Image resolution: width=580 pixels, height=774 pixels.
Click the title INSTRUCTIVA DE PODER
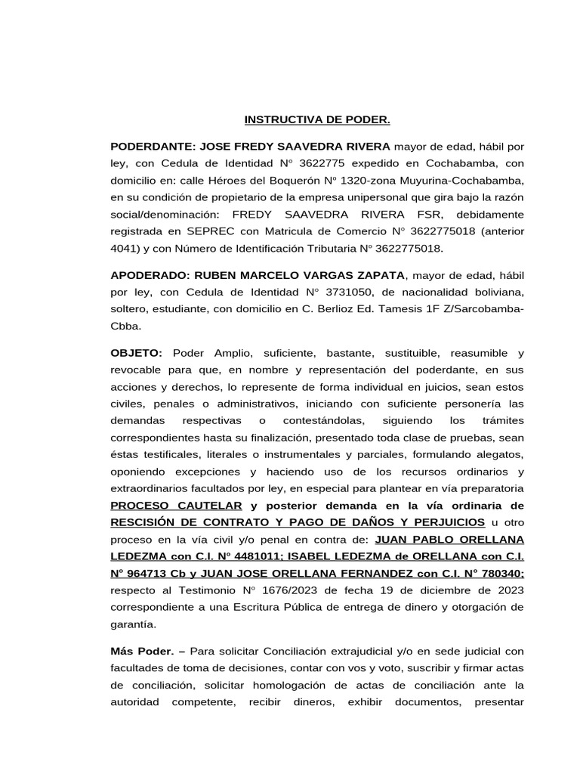[x=317, y=119]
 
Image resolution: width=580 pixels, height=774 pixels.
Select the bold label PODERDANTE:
[x=153, y=146]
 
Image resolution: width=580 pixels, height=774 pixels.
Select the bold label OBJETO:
[x=137, y=353]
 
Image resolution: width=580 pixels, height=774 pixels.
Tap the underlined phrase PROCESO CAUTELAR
[x=177, y=506]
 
